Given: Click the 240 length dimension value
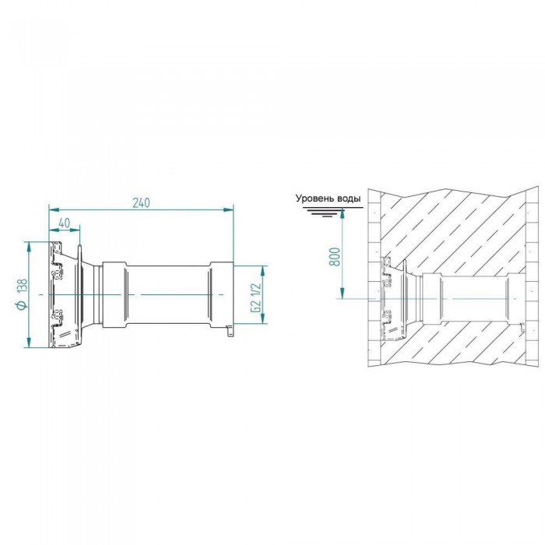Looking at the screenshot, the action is (142, 202).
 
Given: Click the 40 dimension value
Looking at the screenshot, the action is (65, 223).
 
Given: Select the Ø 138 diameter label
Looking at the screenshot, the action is (22, 294).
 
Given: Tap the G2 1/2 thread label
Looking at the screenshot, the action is (255, 297).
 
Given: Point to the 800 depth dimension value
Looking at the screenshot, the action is (335, 256).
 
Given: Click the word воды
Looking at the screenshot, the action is (349, 199).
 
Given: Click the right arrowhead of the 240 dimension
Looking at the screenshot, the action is (228, 209).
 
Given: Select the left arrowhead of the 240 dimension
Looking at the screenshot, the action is (54, 209).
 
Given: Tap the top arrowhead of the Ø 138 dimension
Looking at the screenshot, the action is (29, 247).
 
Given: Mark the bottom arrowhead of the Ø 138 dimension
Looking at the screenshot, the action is (29, 342).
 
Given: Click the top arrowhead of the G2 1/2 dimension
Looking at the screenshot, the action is (263, 270).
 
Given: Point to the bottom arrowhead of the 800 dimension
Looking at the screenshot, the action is (343, 293).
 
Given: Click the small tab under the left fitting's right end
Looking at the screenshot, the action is (230, 331).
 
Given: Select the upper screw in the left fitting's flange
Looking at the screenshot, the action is (58, 272).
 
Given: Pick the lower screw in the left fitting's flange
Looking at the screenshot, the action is (58, 317).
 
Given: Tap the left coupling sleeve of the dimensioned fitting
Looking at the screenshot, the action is (114, 295).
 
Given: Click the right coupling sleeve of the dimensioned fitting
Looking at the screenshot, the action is (221, 295).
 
